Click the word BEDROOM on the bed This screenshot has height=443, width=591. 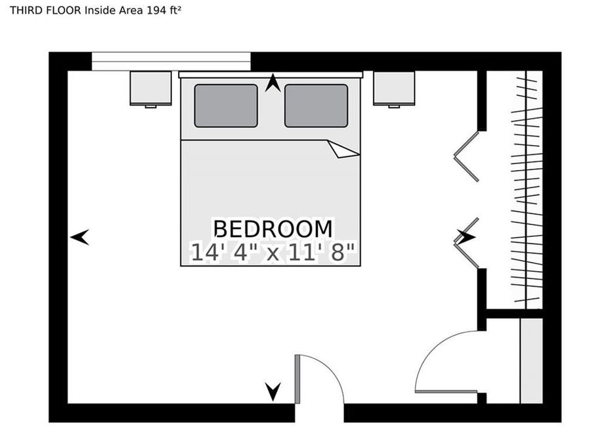[273, 229]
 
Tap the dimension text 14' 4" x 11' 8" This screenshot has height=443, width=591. [273, 252]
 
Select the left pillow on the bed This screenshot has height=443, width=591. [225, 106]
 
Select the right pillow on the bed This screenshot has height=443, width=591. [316, 106]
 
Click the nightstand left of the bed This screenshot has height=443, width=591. [150, 88]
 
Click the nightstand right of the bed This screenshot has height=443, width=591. [394, 88]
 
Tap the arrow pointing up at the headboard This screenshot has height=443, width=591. [273, 83]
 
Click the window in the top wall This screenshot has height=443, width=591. [171, 61]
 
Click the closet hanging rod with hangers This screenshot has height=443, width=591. [527, 190]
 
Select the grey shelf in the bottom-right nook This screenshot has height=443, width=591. [531, 360]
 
